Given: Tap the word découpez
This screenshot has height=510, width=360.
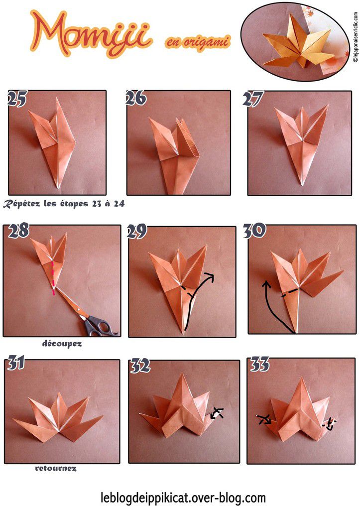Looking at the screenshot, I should pyautogui.click(x=62, y=343).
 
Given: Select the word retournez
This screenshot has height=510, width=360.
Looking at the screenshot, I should pyautogui.click(x=56, y=468).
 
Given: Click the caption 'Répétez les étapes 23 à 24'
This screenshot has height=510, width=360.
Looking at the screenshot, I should pyautogui.click(x=63, y=203).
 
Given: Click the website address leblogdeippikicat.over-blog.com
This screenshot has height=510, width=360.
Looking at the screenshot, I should pyautogui.click(x=183, y=497).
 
